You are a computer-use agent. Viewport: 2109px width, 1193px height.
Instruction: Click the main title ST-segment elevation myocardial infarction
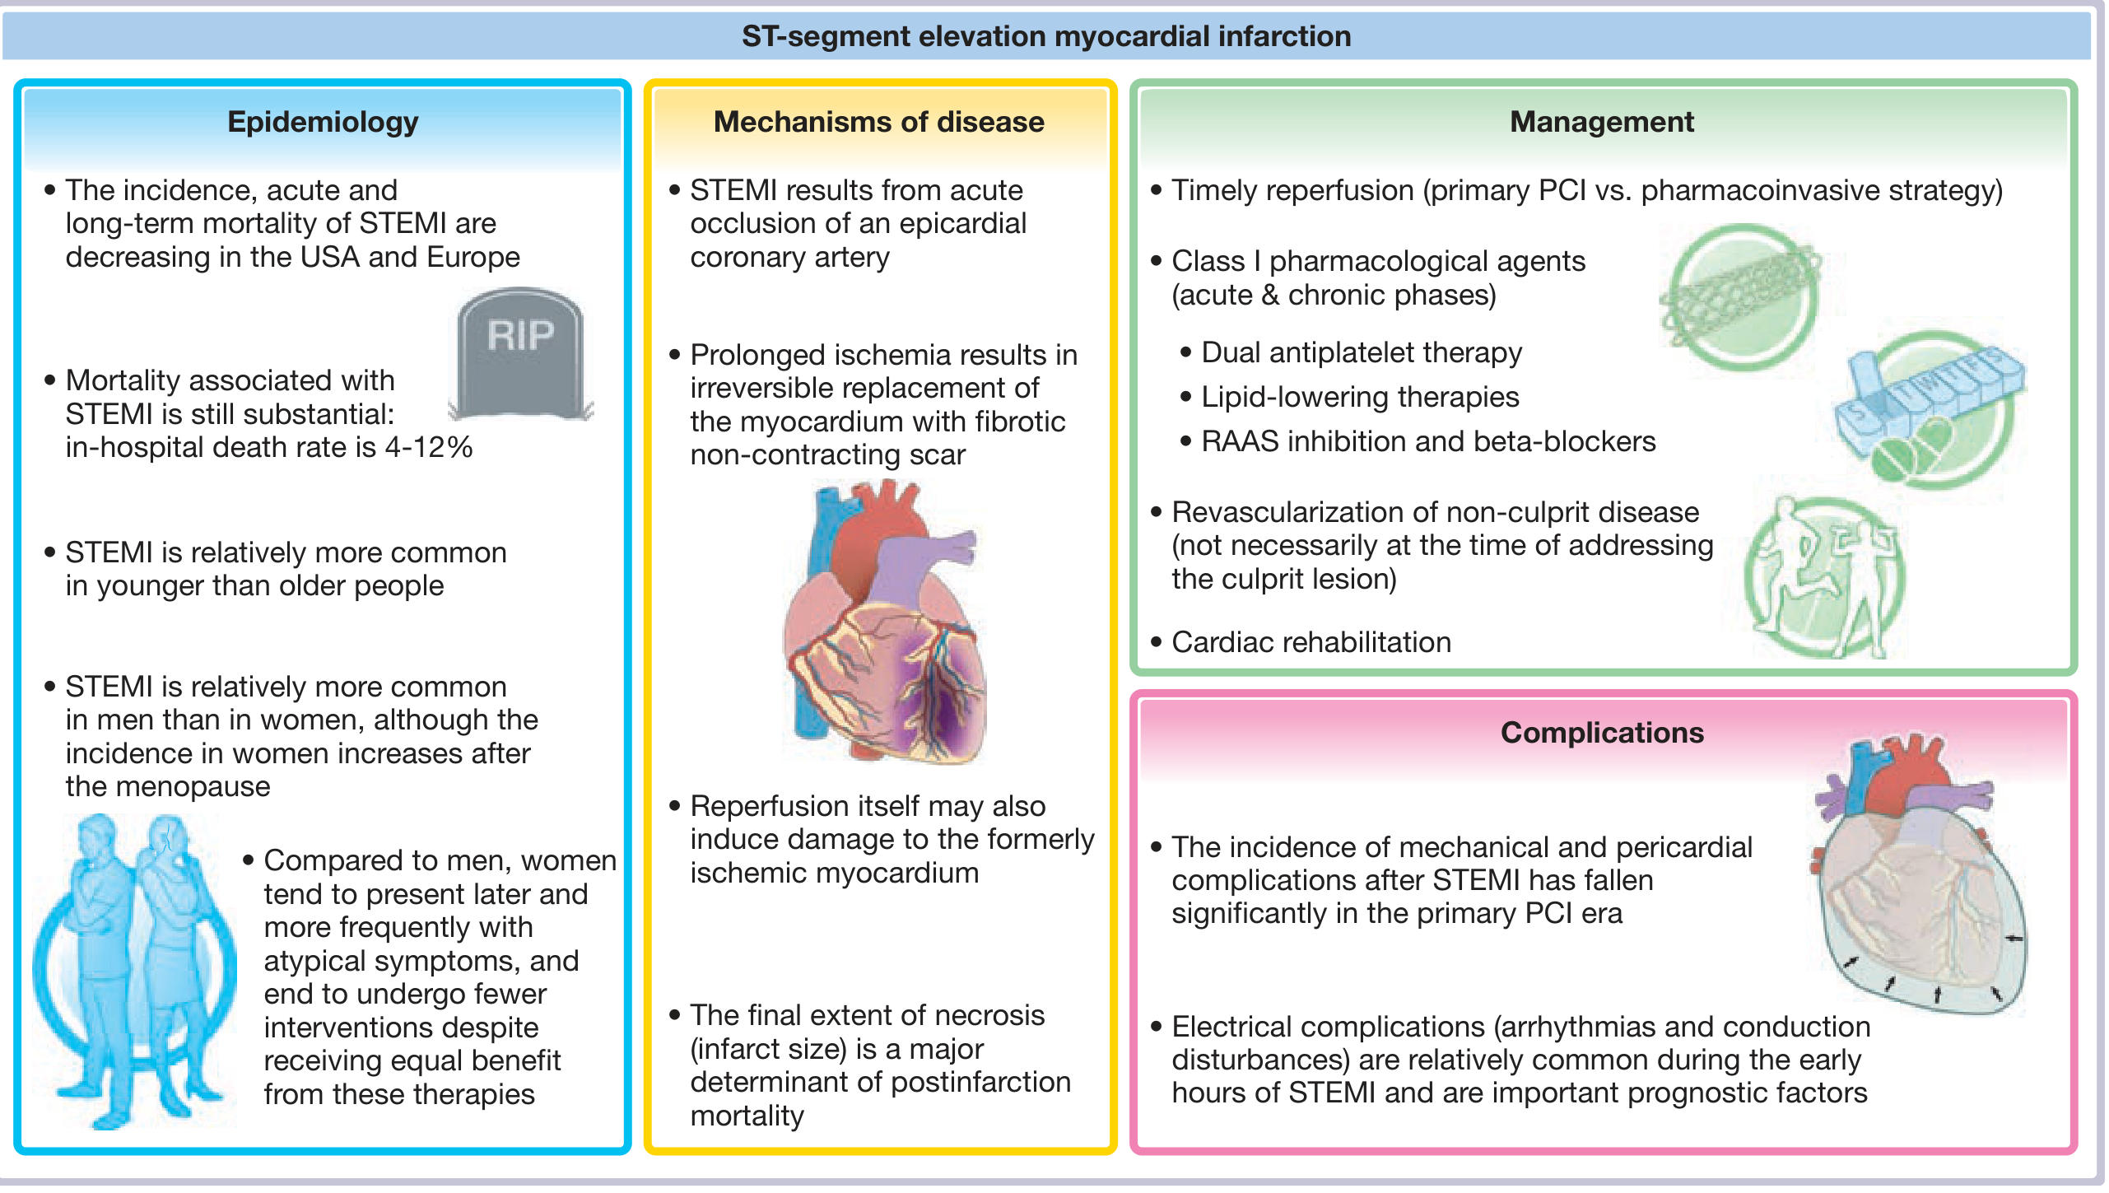[1046, 36]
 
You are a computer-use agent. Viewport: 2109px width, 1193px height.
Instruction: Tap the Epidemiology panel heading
[323, 122]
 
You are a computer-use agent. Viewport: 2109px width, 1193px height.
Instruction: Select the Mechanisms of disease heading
[878, 122]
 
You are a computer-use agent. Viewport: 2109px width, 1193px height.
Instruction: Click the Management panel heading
[1601, 122]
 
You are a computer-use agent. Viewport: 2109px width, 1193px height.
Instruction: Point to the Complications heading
[1601, 733]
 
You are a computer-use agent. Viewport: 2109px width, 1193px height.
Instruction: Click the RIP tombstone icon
[520, 354]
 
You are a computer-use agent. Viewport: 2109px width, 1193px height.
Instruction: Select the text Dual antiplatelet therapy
[1361, 352]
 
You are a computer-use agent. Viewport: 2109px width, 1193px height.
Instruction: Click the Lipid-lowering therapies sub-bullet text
[1359, 397]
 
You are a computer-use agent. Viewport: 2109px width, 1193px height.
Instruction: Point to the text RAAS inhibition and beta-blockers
[1427, 441]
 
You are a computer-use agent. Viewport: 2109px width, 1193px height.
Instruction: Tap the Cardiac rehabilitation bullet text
[1311, 642]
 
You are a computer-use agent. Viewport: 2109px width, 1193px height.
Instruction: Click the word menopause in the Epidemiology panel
[195, 786]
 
